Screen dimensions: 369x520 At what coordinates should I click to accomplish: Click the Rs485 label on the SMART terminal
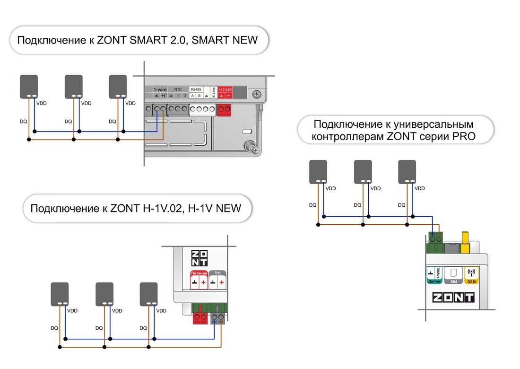[195, 89]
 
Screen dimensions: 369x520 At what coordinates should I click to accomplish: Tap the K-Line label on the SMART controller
[214, 92]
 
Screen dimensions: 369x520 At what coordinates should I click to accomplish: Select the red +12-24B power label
[225, 89]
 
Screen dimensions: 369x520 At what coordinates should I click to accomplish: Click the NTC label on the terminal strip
[178, 89]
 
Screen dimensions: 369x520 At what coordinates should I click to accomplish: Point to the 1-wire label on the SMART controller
[160, 89]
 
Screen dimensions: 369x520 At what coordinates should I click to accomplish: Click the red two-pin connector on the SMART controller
[225, 110]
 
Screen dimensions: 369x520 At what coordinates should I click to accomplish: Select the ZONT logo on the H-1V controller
[199, 258]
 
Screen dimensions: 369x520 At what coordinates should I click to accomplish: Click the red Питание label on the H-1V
[199, 273]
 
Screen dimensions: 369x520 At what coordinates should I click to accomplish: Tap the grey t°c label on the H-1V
[218, 273]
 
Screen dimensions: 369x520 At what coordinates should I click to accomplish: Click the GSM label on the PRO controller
[471, 281]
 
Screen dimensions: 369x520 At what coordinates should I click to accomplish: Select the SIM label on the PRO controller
[453, 281]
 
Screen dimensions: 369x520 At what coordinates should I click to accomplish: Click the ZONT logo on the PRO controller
[453, 298]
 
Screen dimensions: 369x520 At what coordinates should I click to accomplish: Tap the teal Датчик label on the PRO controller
[434, 281]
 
